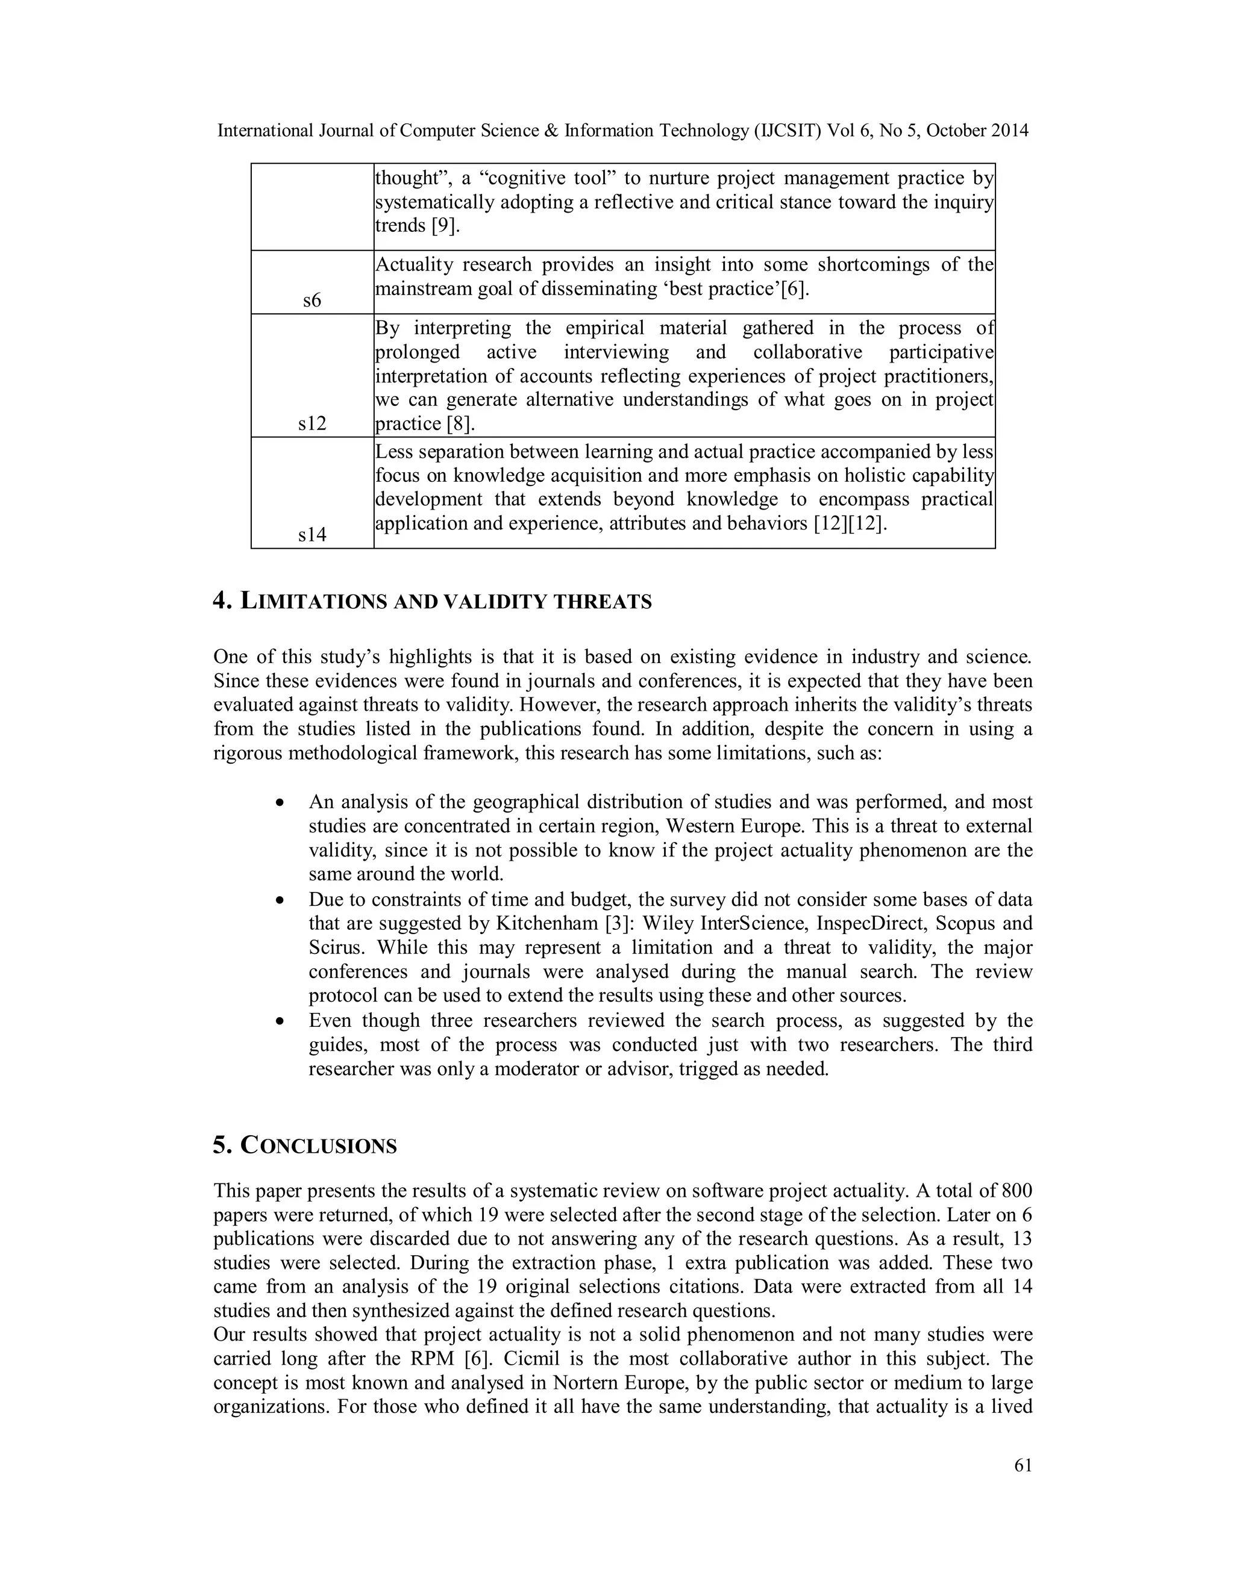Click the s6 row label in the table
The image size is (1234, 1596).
pyautogui.click(x=312, y=301)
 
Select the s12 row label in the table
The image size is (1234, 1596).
pyautogui.click(x=312, y=423)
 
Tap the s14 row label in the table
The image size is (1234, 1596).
pyautogui.click(x=312, y=534)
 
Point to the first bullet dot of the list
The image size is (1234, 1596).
pyautogui.click(x=279, y=802)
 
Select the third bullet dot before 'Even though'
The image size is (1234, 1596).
pyautogui.click(x=279, y=1021)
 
